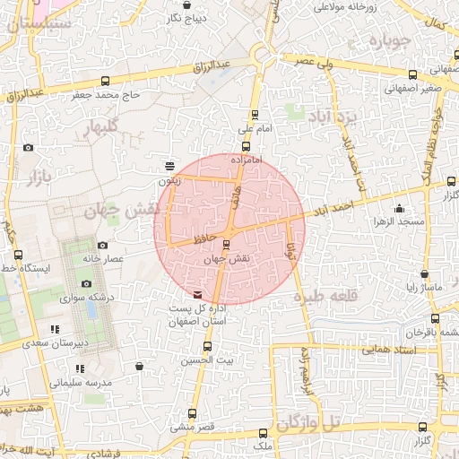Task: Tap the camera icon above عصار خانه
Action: point(102,245)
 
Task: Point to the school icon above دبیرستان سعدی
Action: point(56,329)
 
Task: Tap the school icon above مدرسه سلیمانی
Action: point(80,368)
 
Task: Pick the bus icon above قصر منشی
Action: point(191,413)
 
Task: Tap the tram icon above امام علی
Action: point(255,115)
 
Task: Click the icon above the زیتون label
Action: point(169,165)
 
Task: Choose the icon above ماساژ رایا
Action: point(423,274)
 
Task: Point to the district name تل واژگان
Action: point(309,421)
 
